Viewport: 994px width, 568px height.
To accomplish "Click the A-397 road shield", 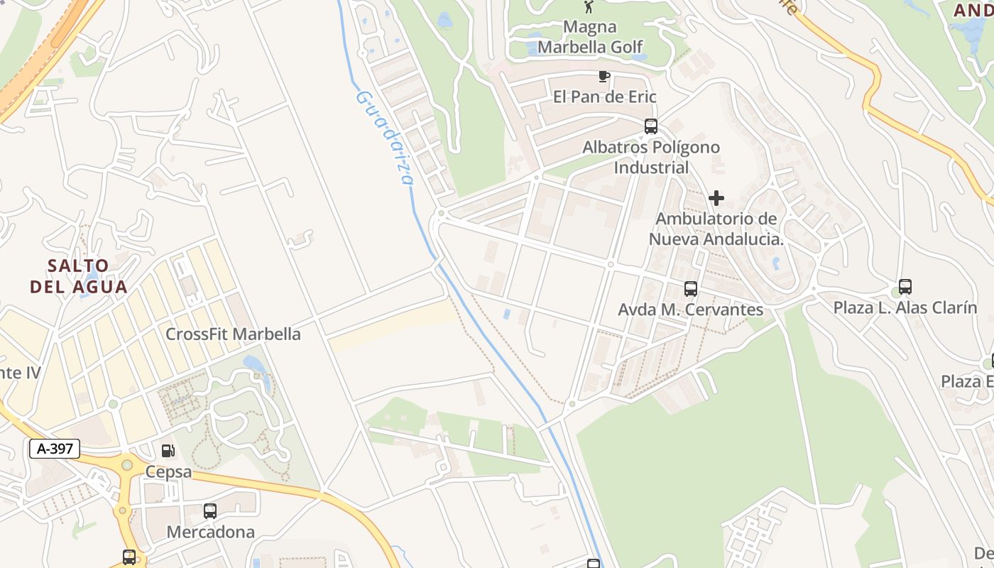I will click(55, 448).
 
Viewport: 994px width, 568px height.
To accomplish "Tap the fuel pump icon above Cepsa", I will click(168, 450).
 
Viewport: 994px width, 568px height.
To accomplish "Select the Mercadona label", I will click(210, 532).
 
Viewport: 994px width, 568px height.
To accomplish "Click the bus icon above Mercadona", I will click(210, 510).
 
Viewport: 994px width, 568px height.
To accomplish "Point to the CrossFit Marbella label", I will click(233, 334).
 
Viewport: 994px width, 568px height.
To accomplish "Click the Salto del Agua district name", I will click(79, 276).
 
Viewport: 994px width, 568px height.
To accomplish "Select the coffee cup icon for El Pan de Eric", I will click(604, 76).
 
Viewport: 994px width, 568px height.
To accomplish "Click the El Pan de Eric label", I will click(604, 97).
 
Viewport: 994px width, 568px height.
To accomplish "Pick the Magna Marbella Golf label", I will click(591, 37).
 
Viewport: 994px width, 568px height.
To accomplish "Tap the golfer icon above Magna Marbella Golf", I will click(589, 7).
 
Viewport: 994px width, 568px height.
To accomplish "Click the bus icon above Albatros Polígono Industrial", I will click(651, 126).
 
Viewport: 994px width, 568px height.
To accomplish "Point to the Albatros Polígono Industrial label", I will click(651, 157).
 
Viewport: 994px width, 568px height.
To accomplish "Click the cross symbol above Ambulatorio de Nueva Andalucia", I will click(716, 197).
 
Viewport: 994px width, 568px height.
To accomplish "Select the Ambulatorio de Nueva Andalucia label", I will click(716, 229).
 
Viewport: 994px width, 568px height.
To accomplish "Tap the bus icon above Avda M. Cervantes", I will click(691, 289).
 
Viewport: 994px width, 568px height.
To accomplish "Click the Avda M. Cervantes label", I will click(691, 310).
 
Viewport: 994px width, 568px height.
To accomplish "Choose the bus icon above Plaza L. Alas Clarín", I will click(905, 287).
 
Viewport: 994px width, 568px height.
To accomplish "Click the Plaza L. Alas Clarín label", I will click(905, 307).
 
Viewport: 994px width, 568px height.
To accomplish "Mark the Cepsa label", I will click(168, 471).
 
